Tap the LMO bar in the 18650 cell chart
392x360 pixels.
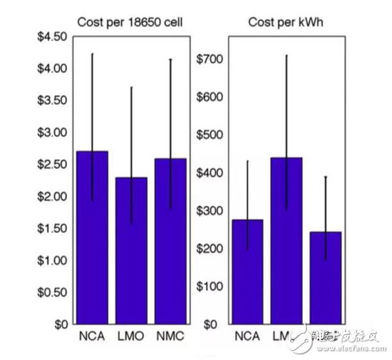pyautogui.click(x=130, y=250)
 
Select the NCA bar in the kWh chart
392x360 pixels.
pyautogui.click(x=247, y=271)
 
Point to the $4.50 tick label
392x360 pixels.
pyautogui.click(x=51, y=36)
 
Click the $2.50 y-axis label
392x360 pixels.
pyautogui.click(x=51, y=164)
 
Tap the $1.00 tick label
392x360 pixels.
pyautogui.click(x=51, y=260)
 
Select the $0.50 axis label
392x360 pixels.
pyautogui.click(x=51, y=292)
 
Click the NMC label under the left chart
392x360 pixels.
pyautogui.click(x=170, y=335)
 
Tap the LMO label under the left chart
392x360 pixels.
pyautogui.click(x=131, y=335)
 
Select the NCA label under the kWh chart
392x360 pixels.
pyautogui.click(x=247, y=335)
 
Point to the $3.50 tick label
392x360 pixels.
pyautogui.click(x=51, y=100)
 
